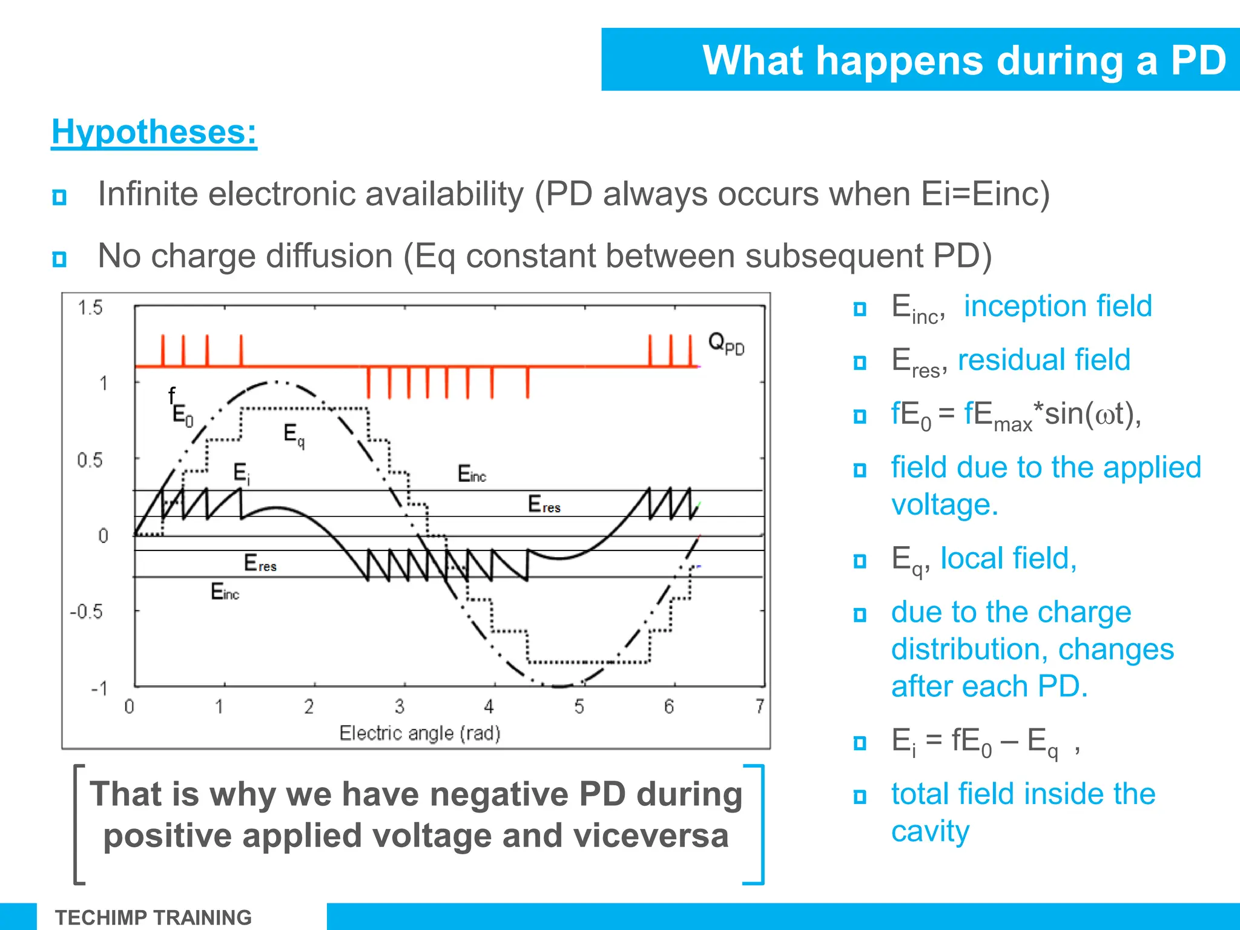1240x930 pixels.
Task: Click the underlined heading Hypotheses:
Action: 154,132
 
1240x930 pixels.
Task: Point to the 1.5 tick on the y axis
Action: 90,308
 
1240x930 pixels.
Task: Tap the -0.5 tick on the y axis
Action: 86,612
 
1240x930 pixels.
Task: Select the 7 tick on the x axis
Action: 759,706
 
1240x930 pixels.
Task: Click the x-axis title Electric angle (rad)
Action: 420,733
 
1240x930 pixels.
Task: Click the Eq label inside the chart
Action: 294,435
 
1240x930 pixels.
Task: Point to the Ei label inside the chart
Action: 241,473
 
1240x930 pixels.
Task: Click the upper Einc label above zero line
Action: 471,474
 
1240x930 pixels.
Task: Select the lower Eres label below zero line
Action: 260,563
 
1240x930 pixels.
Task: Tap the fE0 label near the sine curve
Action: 180,407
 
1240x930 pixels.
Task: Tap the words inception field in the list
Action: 1057,306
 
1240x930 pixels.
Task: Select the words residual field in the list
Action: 1044,360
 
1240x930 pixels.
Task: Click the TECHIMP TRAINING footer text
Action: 153,917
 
